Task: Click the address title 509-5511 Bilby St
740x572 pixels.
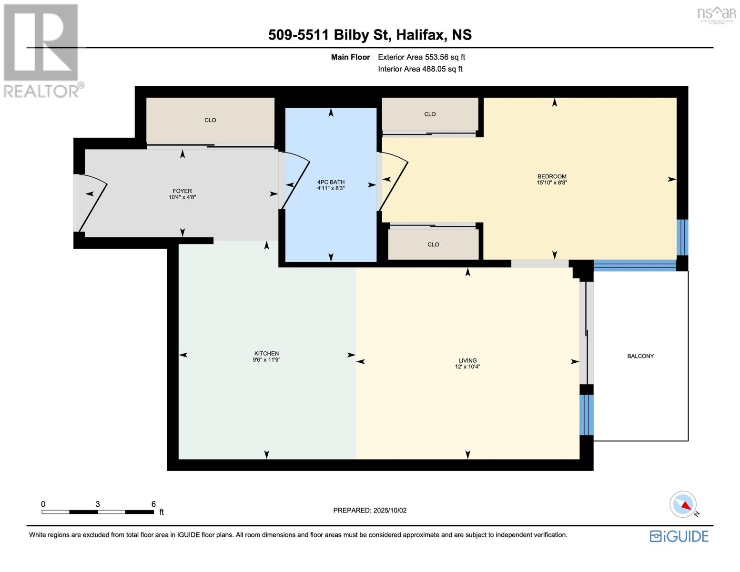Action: pyautogui.click(x=370, y=35)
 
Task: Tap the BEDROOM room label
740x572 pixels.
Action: pyautogui.click(x=552, y=176)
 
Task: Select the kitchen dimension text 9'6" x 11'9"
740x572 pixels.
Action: pyautogui.click(x=267, y=360)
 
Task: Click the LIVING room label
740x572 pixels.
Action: pyautogui.click(x=467, y=360)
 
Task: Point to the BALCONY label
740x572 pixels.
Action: pyautogui.click(x=640, y=356)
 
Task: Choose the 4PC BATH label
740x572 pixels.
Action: pyautogui.click(x=331, y=182)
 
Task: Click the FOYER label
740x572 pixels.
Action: pyautogui.click(x=182, y=191)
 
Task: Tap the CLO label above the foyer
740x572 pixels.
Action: pyautogui.click(x=210, y=120)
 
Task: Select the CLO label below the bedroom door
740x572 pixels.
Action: pyautogui.click(x=433, y=245)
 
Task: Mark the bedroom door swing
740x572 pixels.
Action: pyautogui.click(x=394, y=184)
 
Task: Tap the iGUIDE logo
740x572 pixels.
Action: pyautogui.click(x=679, y=536)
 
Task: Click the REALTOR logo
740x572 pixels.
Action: pyautogui.click(x=42, y=51)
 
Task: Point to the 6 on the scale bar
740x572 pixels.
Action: pyautogui.click(x=153, y=504)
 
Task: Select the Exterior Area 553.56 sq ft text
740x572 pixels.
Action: pyautogui.click(x=421, y=57)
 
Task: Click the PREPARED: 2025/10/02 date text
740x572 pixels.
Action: pyautogui.click(x=370, y=510)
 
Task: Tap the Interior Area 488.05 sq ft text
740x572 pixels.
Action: pyautogui.click(x=420, y=69)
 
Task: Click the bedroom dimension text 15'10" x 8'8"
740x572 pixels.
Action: pyautogui.click(x=552, y=183)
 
